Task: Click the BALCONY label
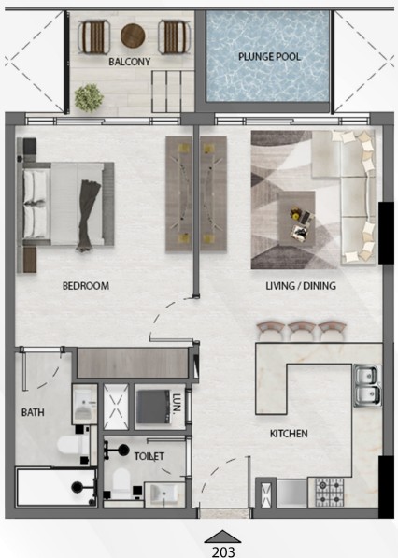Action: coord(130,62)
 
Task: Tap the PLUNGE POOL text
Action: coord(269,57)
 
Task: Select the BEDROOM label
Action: coord(86,286)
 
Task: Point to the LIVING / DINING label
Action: coord(301,285)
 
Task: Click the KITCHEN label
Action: coord(289,434)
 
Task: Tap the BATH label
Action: coord(33,412)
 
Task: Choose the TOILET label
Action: coord(149,456)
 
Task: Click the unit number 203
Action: coord(223,552)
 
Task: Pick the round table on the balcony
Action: coord(133,36)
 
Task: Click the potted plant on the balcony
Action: coord(89,98)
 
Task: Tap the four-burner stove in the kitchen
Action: coord(330,493)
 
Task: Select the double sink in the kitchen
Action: coord(366,386)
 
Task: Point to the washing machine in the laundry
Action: coord(153,407)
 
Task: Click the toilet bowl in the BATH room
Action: coord(70,446)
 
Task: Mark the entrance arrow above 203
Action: coord(222,537)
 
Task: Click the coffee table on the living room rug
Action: coord(296,218)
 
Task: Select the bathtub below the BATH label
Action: coord(56,487)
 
